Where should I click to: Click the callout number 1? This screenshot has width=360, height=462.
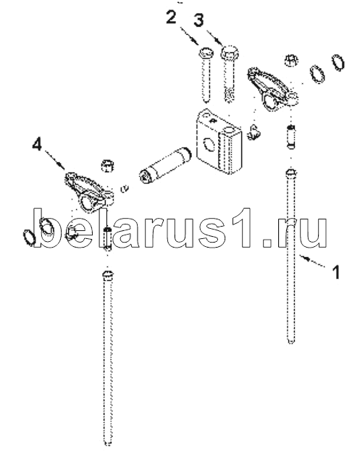(x=336, y=272)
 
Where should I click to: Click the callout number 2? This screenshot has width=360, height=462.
(x=171, y=17)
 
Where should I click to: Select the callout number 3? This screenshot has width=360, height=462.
(x=198, y=20)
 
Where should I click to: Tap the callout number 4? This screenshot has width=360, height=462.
(x=37, y=145)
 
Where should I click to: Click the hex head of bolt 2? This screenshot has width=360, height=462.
(x=205, y=53)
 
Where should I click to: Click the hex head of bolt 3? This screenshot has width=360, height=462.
(x=230, y=52)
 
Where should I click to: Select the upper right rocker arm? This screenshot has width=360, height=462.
(x=272, y=89)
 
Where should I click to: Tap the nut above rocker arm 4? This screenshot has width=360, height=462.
(x=108, y=166)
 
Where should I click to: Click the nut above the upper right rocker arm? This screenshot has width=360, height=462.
(x=291, y=61)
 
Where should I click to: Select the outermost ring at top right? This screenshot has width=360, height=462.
(x=338, y=62)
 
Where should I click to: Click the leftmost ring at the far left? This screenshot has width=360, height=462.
(x=29, y=238)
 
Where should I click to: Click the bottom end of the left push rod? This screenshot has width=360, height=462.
(x=108, y=443)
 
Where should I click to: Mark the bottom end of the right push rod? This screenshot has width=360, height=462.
(x=290, y=341)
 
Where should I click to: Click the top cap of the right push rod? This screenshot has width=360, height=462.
(x=290, y=172)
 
